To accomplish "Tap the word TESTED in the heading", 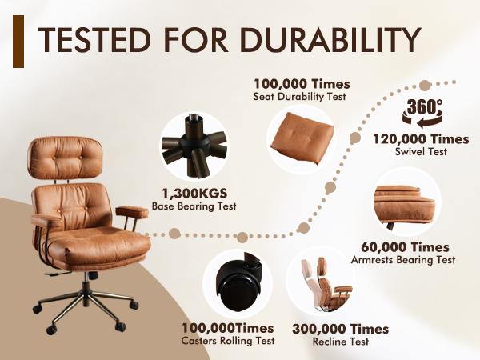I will click(88, 40).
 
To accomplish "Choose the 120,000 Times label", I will click(420, 138).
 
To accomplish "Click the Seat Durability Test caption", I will click(302, 96).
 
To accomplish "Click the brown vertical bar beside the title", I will click(18, 45).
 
